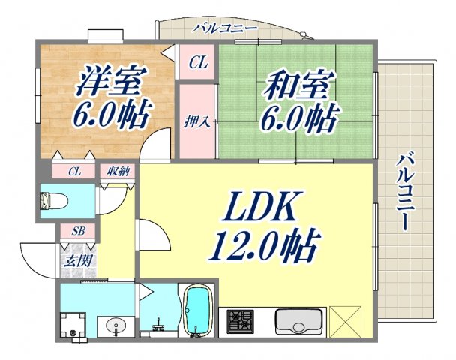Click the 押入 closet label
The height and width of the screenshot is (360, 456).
pyautogui.click(x=197, y=121)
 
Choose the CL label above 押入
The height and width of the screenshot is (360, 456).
pyautogui.click(x=197, y=63)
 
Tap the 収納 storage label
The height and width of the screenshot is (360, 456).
pyautogui.click(x=115, y=172)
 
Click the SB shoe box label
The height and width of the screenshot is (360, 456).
pyautogui.click(x=77, y=231)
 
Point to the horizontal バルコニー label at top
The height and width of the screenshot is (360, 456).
pyautogui.click(x=225, y=28)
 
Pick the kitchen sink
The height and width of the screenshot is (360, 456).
pyautogui.click(x=298, y=322)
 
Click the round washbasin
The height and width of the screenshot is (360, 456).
pyautogui.click(x=115, y=326)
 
